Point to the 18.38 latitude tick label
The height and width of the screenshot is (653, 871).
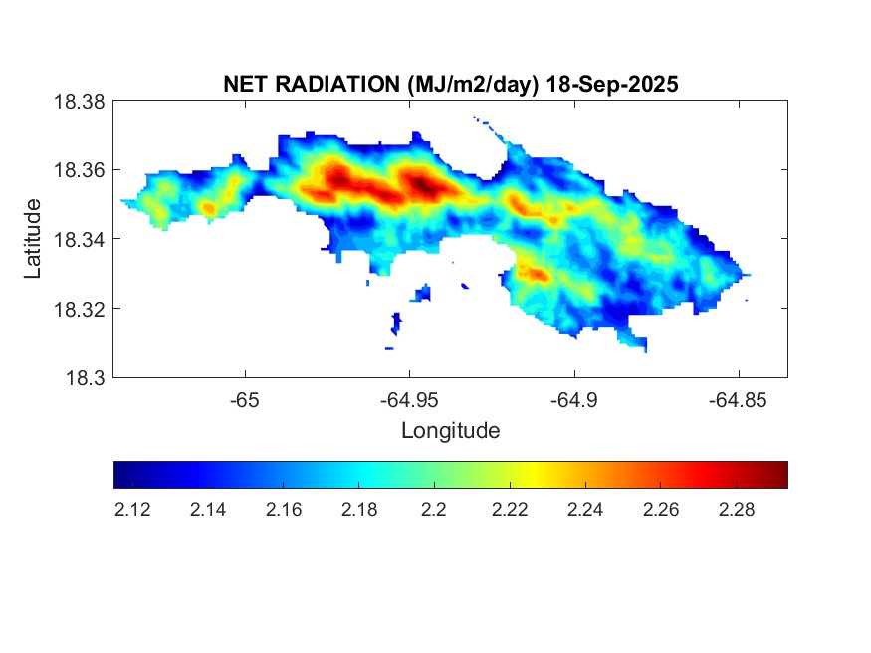click(79, 101)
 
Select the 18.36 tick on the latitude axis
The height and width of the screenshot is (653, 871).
click(79, 170)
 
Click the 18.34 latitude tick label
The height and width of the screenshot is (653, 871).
click(79, 239)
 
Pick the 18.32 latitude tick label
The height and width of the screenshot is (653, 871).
click(79, 309)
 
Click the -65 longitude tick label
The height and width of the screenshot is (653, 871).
click(245, 400)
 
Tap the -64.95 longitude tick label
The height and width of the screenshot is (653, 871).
click(409, 400)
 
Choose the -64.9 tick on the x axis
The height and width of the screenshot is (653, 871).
click(573, 400)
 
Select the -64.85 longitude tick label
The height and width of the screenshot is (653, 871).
click(738, 400)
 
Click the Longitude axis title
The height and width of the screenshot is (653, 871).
click(450, 431)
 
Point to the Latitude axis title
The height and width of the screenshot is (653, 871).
click(33, 239)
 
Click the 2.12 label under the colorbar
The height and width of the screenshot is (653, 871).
click(132, 510)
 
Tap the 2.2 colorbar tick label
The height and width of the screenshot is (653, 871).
click(433, 510)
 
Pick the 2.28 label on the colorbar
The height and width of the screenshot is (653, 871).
click(735, 510)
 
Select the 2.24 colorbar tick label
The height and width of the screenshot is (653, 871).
click(584, 510)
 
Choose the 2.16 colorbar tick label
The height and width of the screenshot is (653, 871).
click(283, 510)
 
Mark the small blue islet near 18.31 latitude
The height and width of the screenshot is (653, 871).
click(396, 323)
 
